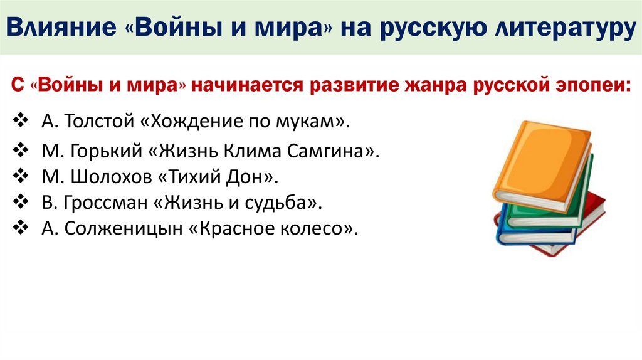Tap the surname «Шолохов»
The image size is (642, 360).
click(107, 177)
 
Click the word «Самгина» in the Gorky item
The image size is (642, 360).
click(344, 152)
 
